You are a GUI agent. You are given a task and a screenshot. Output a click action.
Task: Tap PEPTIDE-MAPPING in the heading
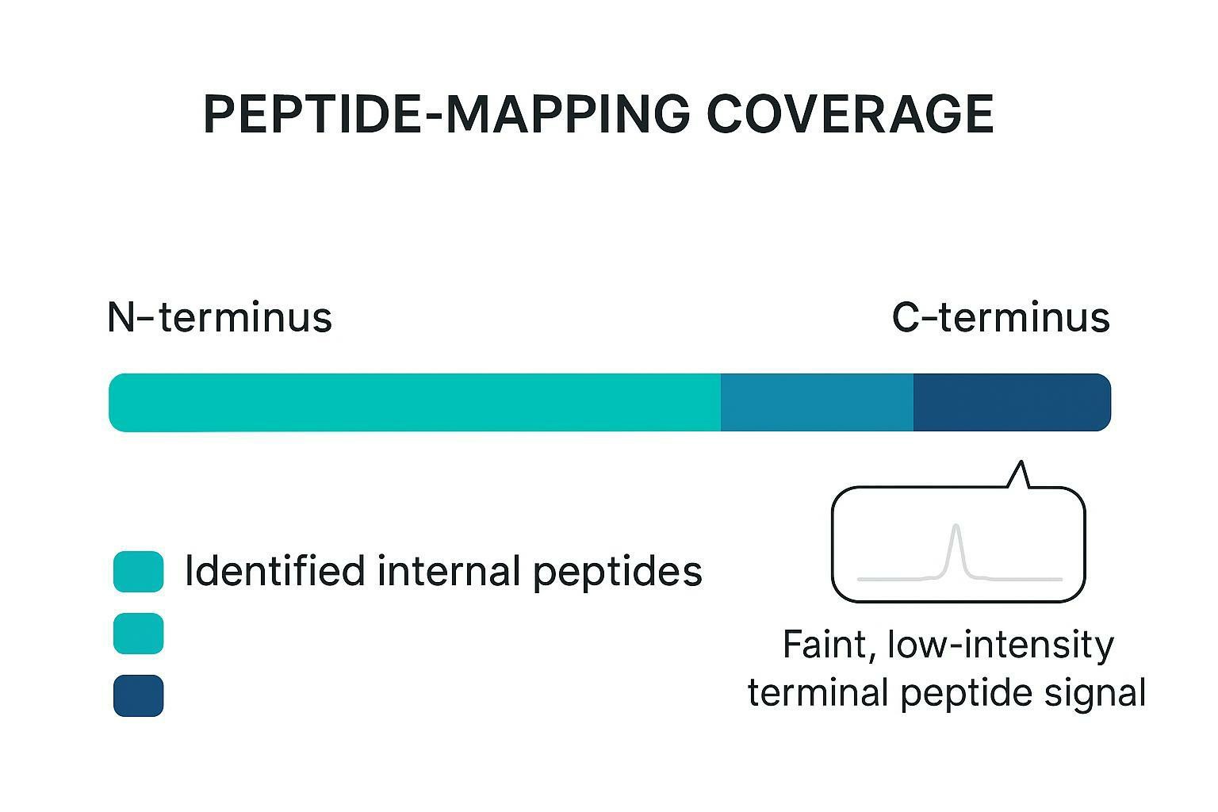point(446,114)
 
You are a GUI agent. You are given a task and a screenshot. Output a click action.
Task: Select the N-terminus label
point(219,317)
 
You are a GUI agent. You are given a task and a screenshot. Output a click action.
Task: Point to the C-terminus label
point(1001,317)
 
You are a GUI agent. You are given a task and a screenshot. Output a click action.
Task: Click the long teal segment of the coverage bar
point(414,403)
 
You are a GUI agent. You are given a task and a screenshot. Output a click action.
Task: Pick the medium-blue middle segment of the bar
point(817,403)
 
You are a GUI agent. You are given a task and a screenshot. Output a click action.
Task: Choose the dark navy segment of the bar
point(1011,403)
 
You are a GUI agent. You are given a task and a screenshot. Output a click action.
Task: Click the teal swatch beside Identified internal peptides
point(138,572)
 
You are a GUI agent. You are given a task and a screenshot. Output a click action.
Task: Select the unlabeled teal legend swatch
point(138,634)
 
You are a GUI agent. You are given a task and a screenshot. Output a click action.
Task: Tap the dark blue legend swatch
point(138,695)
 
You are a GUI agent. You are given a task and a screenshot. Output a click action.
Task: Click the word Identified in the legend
point(274,571)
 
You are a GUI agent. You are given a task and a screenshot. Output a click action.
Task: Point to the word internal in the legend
point(449,571)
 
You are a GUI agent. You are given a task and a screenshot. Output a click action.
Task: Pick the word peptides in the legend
point(617,573)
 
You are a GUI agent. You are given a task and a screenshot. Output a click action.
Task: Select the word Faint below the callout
point(829,645)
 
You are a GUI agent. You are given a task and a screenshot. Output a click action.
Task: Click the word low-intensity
point(1001,645)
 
